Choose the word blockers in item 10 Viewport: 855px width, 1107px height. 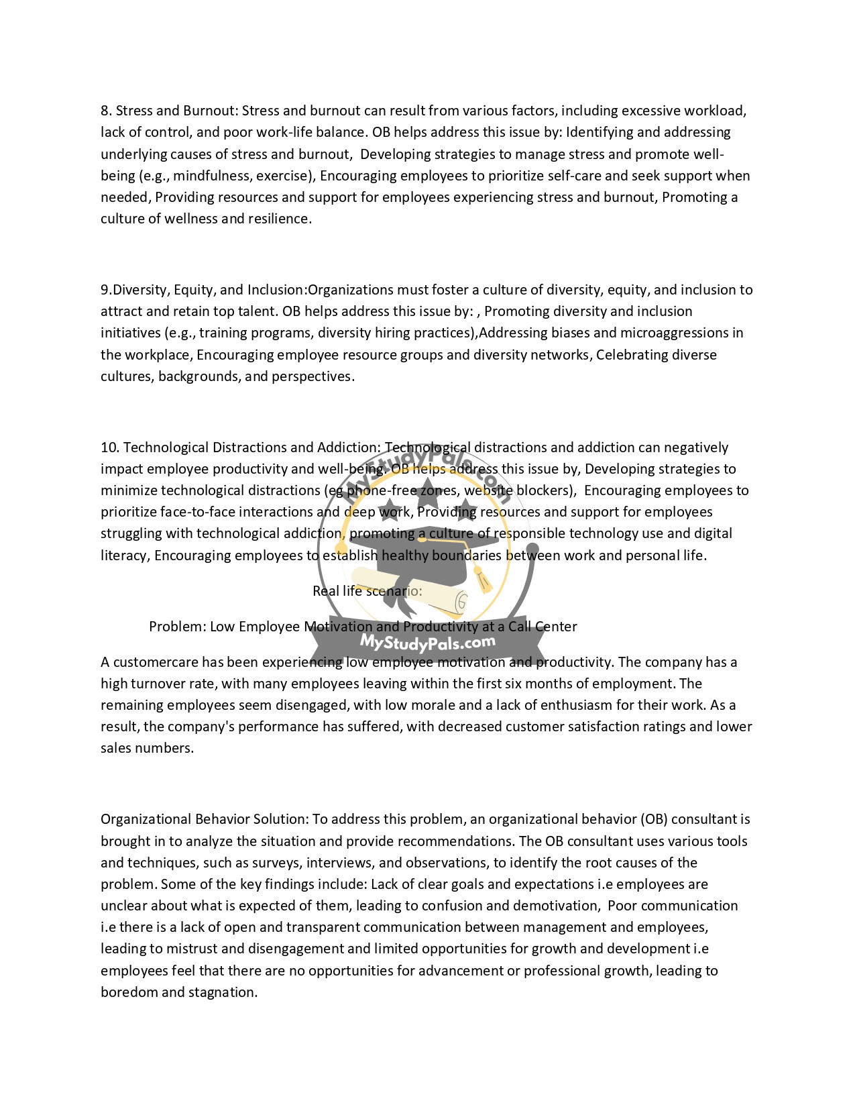tap(545, 490)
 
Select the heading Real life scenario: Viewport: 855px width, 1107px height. tap(367, 591)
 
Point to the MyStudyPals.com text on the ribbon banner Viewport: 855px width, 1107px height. tap(428, 642)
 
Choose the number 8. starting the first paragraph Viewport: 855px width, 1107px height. tap(106, 111)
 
